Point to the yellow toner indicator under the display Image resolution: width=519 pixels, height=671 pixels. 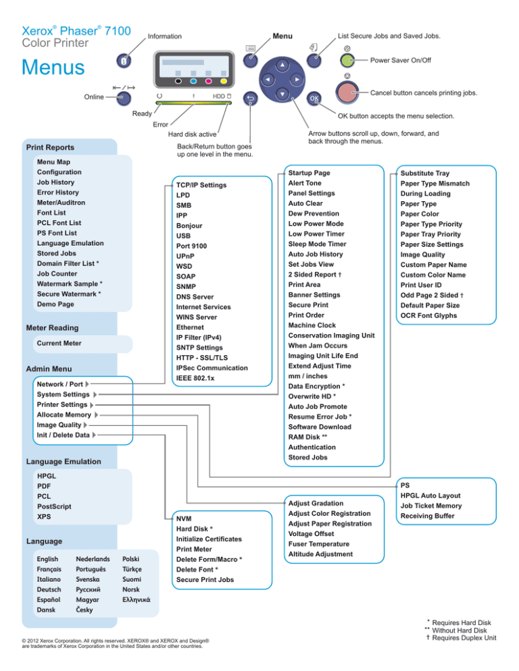(223, 80)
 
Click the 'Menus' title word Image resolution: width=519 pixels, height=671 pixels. (53, 68)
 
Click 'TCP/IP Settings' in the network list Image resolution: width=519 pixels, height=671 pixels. (201, 184)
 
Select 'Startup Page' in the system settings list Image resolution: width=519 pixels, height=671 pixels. (309, 173)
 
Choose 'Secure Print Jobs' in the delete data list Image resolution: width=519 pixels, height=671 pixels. (205, 580)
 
